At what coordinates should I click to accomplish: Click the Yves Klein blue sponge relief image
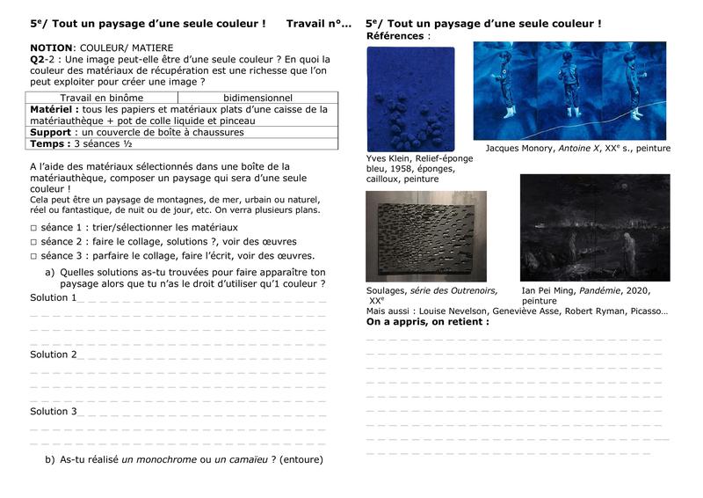pyautogui.click(x=410, y=98)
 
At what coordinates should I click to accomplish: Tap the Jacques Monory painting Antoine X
pyautogui.click(x=571, y=91)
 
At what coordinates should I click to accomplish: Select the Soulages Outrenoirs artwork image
pyautogui.click(x=425, y=236)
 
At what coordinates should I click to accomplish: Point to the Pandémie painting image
pyautogui.click(x=594, y=227)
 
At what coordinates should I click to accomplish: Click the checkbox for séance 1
pyautogui.click(x=33, y=227)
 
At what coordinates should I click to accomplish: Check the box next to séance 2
pyautogui.click(x=33, y=241)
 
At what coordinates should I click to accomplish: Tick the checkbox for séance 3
pyautogui.click(x=33, y=256)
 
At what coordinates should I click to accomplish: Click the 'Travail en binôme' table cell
pyautogui.click(x=101, y=98)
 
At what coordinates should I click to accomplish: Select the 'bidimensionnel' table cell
pyautogui.click(x=257, y=98)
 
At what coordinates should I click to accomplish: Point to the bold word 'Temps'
pyautogui.click(x=49, y=143)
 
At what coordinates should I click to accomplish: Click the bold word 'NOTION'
pyautogui.click(x=49, y=47)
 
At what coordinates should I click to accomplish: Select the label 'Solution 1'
pyautogui.click(x=53, y=297)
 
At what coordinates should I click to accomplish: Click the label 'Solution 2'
pyautogui.click(x=53, y=355)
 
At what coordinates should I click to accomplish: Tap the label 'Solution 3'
pyautogui.click(x=53, y=411)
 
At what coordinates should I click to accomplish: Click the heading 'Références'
pyautogui.click(x=395, y=36)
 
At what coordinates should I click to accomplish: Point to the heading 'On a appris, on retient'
pyautogui.click(x=427, y=322)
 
